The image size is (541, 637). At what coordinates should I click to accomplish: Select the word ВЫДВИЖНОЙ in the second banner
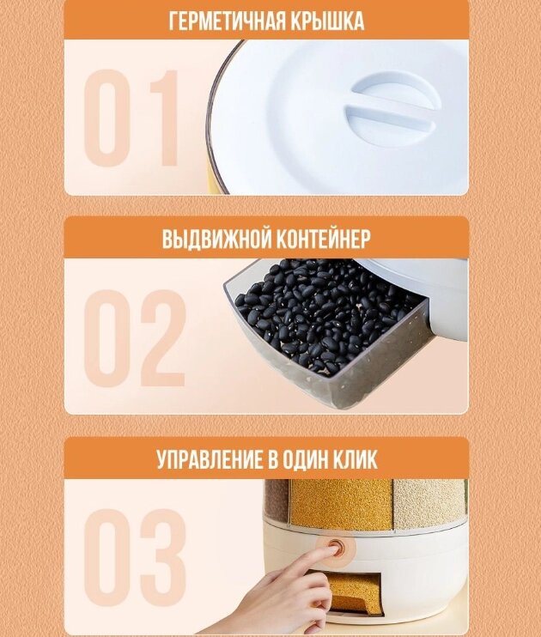215,239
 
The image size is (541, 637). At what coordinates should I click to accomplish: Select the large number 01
131,118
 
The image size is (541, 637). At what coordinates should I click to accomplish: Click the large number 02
135,338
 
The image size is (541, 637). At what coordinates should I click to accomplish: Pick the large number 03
135,558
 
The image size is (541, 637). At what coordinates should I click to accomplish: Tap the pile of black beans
325,312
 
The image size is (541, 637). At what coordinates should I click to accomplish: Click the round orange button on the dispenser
336,548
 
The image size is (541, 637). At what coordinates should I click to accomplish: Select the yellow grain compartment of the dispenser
342,504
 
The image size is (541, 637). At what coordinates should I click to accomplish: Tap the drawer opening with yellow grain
355,593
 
